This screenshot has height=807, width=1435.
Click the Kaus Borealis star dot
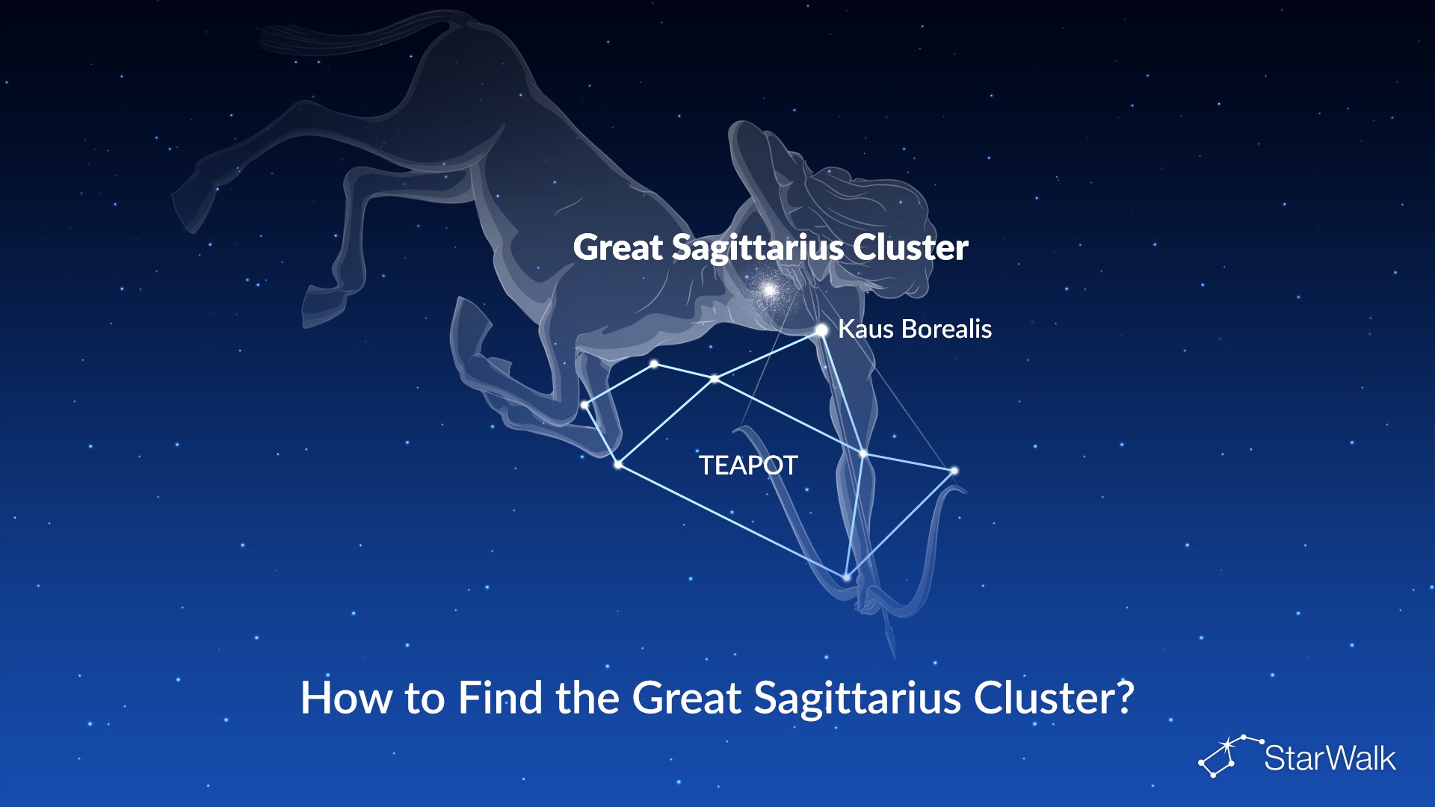pos(821,330)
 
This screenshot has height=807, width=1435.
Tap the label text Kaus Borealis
pos(915,329)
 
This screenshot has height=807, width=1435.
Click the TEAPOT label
pos(748,466)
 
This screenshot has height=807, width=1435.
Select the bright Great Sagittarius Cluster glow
pos(769,289)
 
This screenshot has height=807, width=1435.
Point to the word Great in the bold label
pos(618,247)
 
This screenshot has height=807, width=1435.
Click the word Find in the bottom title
pos(500,698)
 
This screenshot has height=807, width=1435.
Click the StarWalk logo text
pos(1330,758)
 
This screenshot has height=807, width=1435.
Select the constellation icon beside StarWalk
pos(1229,755)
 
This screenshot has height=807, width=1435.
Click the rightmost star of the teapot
pos(954,471)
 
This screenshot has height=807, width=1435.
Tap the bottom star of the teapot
pos(846,577)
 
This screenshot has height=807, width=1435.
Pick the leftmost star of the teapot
pos(584,405)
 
